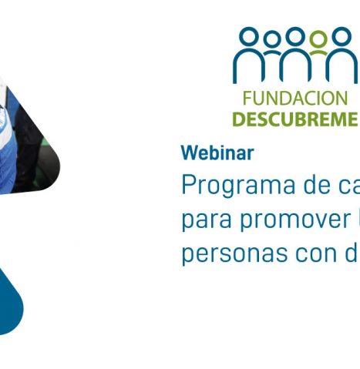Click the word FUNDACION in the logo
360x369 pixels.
pyautogui.click(x=295, y=99)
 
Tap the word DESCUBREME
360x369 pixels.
pyautogui.click(x=294, y=119)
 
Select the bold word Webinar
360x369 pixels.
pyautogui.click(x=217, y=153)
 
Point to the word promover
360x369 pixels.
pyautogui.click(x=295, y=220)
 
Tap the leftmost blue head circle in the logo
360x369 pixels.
pyautogui.click(x=249, y=37)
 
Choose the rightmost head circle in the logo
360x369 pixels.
pyautogui.click(x=341, y=37)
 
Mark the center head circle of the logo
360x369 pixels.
pyautogui.click(x=295, y=37)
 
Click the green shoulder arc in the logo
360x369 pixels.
pyautogui.click(x=318, y=52)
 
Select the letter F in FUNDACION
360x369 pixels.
pyautogui.click(x=246, y=99)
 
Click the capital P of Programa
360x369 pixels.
pyautogui.click(x=188, y=185)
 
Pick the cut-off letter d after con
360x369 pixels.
pyautogui.click(x=352, y=253)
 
